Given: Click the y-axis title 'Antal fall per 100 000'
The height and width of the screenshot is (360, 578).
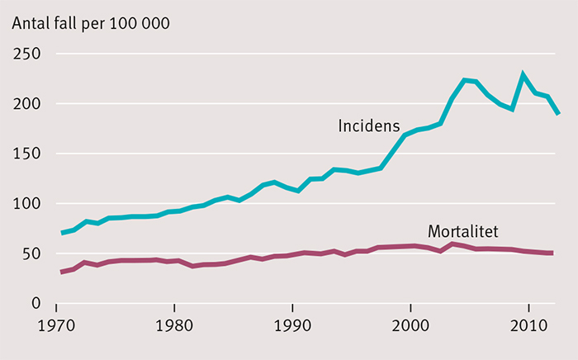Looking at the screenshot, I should click(90, 22).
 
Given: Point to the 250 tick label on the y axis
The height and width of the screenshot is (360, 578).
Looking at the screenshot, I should click(30, 54).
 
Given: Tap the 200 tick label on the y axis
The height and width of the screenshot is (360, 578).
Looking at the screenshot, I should click(30, 104).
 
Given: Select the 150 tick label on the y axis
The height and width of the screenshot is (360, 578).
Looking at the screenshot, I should click(30, 154).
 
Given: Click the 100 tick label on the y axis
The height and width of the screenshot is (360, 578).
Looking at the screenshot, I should click(30, 204).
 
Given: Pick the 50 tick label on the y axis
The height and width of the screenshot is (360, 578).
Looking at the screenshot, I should click(34, 254).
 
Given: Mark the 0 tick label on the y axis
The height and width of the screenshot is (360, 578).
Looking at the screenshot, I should click(39, 304).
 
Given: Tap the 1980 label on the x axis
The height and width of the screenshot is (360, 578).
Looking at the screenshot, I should click(174, 325).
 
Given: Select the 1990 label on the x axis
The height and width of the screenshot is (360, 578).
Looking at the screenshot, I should click(292, 325).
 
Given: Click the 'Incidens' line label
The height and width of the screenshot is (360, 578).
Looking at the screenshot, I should click(368, 126).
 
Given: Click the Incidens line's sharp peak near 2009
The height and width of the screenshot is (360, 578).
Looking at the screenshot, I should click(523, 75).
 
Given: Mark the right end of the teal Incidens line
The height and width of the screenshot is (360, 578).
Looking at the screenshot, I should click(558, 114).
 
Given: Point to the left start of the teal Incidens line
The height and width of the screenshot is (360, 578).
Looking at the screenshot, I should click(62, 233).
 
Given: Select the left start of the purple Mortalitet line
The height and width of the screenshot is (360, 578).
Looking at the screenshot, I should click(62, 272).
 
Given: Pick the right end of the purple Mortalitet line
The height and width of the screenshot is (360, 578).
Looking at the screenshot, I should click(552, 253).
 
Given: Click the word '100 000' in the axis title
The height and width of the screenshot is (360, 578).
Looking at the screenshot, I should click(144, 22).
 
